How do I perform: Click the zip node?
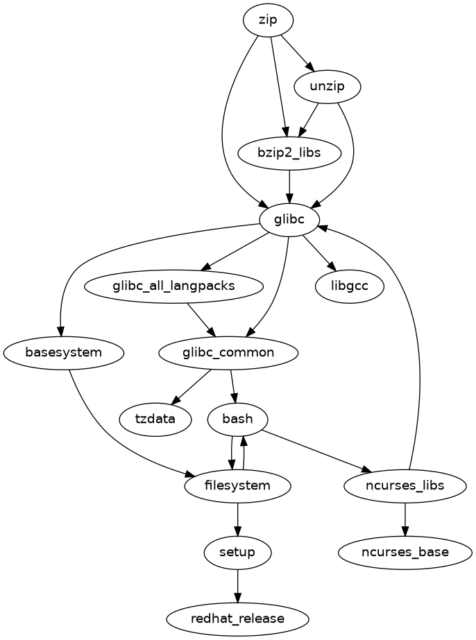coord(268,20)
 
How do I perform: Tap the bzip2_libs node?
coord(289,153)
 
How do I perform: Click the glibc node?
coord(289,220)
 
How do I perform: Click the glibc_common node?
coord(228,352)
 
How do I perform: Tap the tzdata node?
coord(155,419)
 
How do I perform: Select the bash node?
coord(238,419)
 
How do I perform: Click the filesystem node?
coord(238,485)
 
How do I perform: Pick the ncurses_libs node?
coord(405,485)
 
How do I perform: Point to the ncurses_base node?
coord(405,552)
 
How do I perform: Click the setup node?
coord(238,552)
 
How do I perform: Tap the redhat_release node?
coord(238,619)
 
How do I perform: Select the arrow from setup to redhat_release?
coord(238,585)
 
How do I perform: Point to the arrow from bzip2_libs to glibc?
coord(289,186)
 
